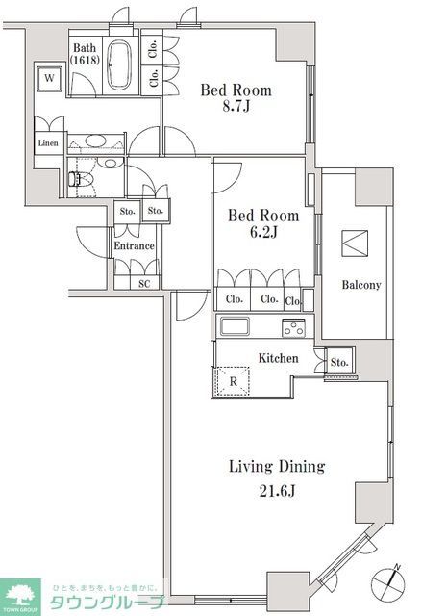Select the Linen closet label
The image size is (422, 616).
pos(47,143)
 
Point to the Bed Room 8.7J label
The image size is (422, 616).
pos(236,99)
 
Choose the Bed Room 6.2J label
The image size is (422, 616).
pos(262,224)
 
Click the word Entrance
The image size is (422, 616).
pos(134,246)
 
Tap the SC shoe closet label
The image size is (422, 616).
pos(144,283)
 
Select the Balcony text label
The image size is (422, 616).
pos(361,285)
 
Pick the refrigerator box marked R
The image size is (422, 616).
pos(233,381)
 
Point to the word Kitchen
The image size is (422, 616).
pos(278,359)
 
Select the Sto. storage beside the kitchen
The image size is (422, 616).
pos(338,363)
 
